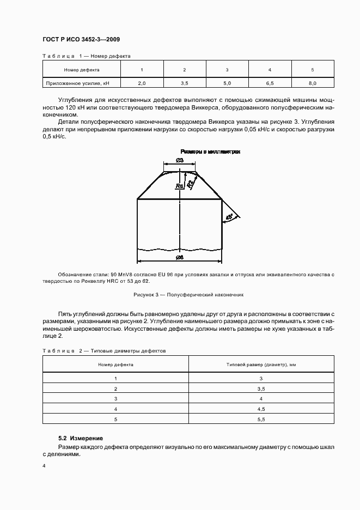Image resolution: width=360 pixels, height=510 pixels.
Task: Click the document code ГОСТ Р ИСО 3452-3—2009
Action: (81, 40)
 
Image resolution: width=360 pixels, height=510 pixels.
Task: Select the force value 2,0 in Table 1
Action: (142, 83)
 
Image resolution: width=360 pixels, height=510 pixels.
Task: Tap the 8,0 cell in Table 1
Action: (312, 83)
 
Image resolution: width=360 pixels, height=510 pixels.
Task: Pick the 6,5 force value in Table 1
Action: (270, 83)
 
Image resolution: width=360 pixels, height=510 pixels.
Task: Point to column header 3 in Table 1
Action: (227, 70)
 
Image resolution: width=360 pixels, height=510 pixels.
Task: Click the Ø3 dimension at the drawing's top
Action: (180, 160)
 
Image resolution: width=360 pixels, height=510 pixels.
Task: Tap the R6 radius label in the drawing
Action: (179, 186)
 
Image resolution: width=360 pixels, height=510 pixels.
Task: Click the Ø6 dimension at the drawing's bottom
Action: (180, 256)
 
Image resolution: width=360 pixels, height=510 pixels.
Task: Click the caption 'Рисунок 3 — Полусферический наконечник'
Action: (188, 294)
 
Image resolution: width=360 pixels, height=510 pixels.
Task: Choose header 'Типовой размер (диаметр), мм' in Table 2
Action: (260, 364)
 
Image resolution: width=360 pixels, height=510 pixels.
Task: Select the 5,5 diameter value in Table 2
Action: (260, 419)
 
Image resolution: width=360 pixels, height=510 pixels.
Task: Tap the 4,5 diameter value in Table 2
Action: (260, 409)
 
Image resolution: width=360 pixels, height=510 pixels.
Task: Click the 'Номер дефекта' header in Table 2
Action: (116, 364)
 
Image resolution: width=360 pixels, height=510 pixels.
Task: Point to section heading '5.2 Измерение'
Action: (80, 438)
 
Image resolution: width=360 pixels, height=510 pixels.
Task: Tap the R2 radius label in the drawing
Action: (190, 183)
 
